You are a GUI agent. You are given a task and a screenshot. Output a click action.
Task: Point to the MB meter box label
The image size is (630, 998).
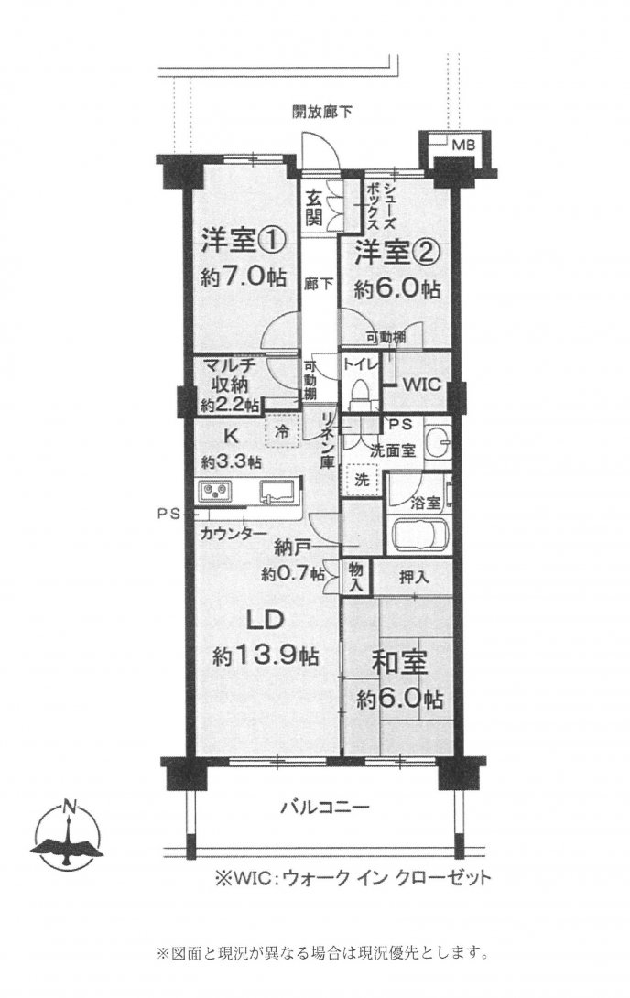click(x=462, y=144)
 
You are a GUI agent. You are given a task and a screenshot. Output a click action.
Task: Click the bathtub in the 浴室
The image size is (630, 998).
click(x=418, y=534)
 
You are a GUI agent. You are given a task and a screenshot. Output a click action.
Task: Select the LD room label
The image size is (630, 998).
click(x=264, y=620)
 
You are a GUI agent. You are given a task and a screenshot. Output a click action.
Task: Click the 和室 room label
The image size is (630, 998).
click(x=398, y=661)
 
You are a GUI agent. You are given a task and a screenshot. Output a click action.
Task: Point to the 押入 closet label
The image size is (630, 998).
click(x=414, y=577)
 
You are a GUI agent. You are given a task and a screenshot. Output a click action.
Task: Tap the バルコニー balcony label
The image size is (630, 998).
click(x=324, y=808)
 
